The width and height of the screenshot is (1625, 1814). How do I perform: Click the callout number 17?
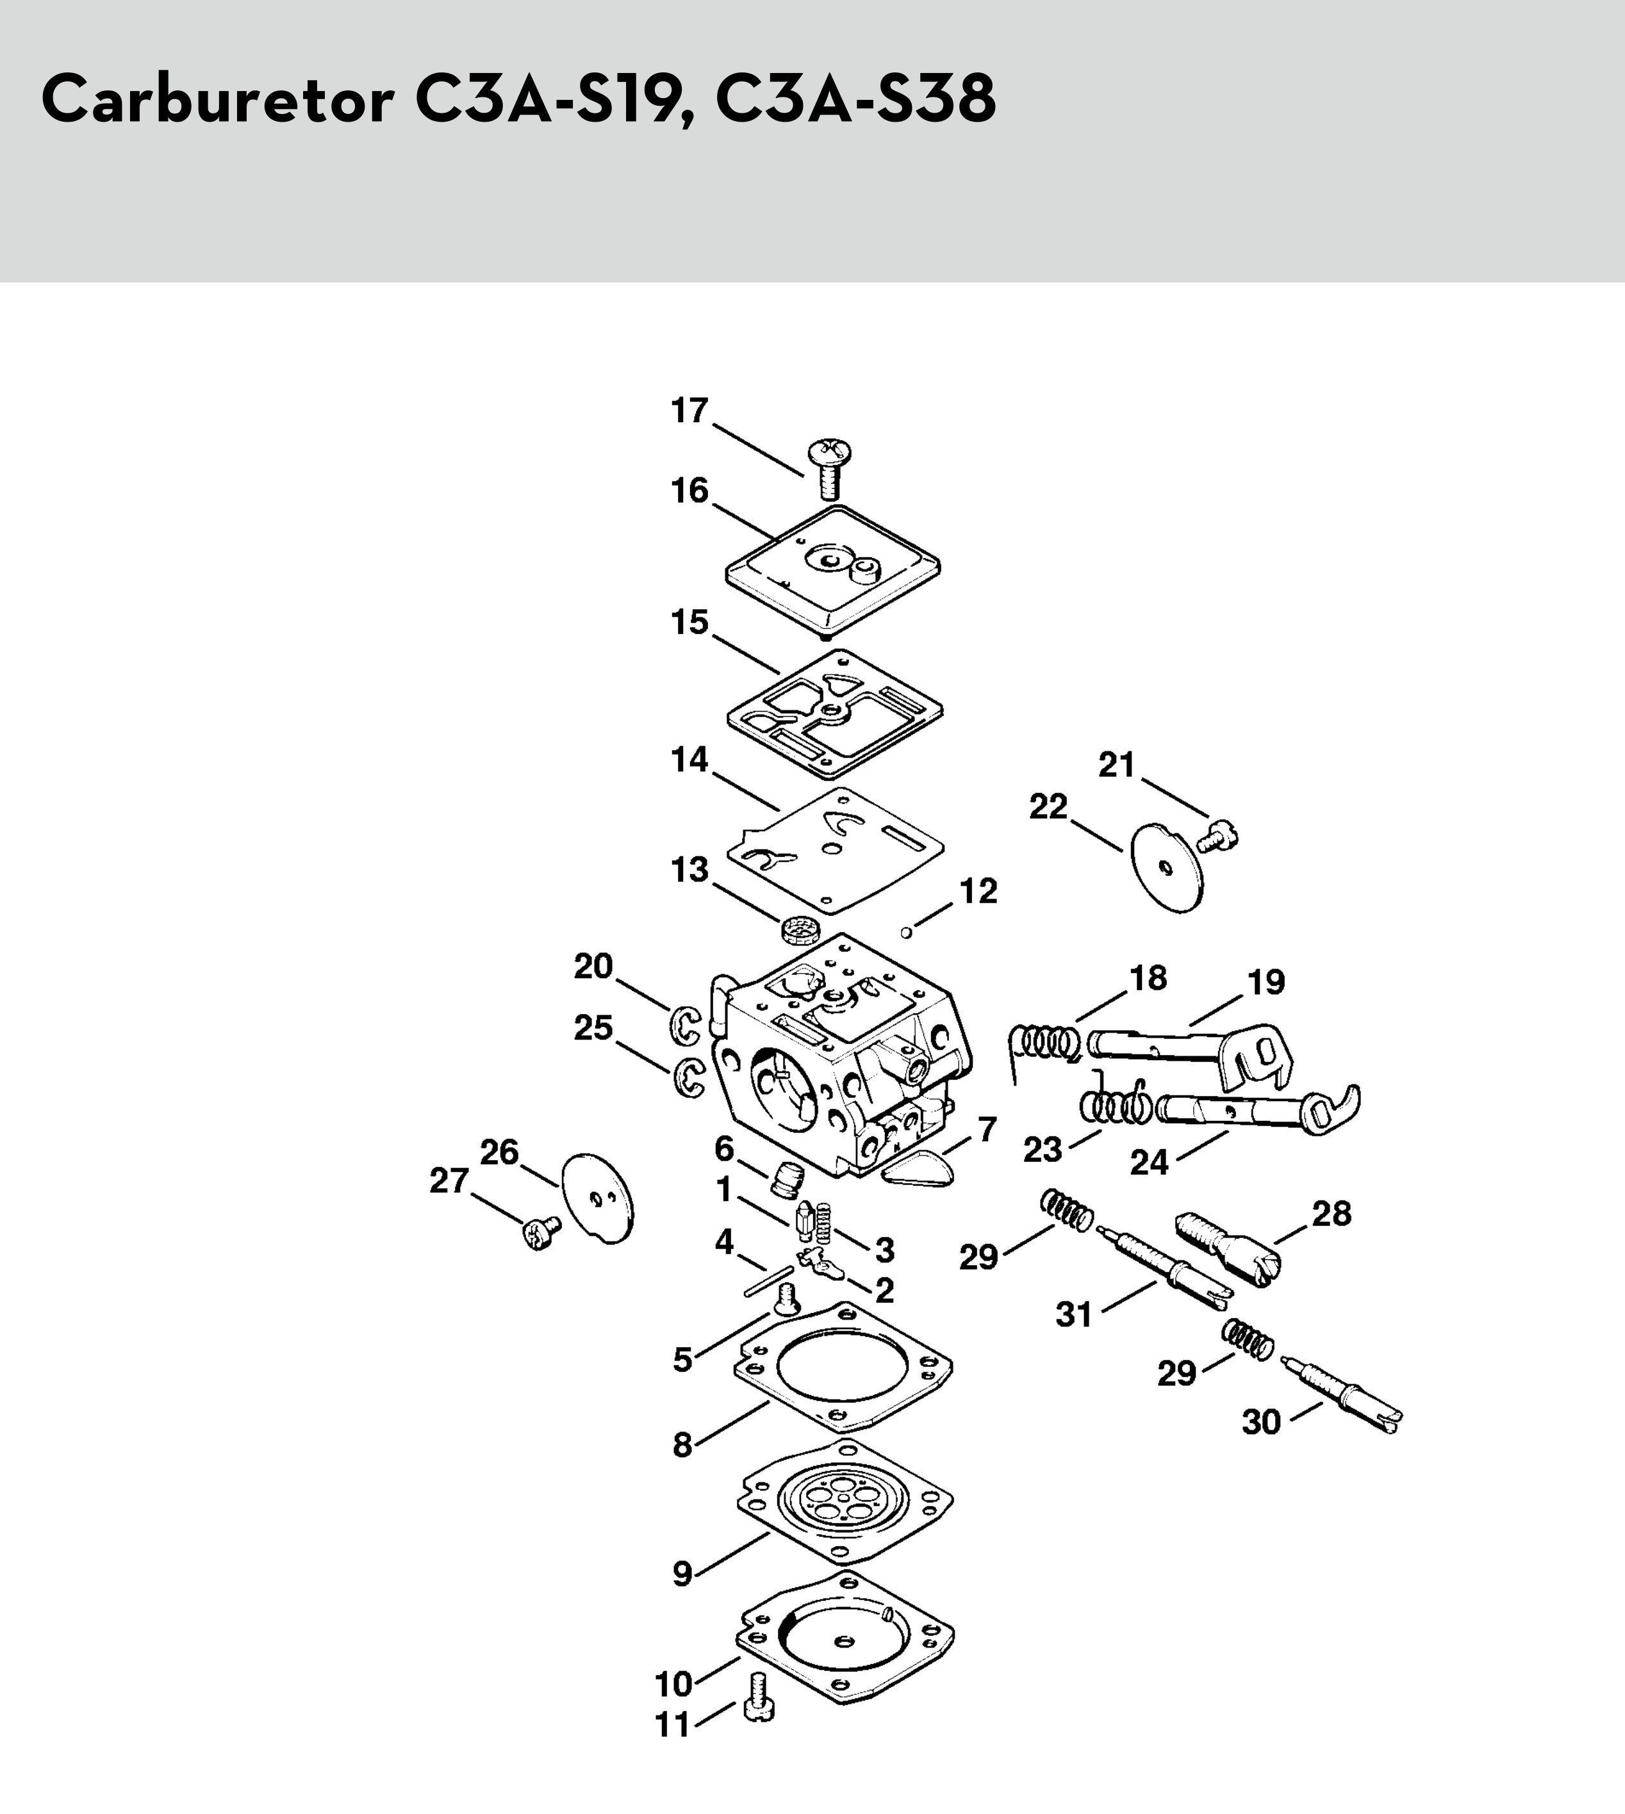coord(689,411)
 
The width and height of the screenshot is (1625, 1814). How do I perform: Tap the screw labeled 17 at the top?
coord(829,469)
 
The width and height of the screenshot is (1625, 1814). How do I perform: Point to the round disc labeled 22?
coord(1167,867)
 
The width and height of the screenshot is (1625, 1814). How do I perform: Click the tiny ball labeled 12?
coord(905,933)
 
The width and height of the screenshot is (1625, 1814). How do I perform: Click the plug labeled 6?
coord(788,1182)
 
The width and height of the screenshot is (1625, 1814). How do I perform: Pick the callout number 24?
coord(1149,1163)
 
